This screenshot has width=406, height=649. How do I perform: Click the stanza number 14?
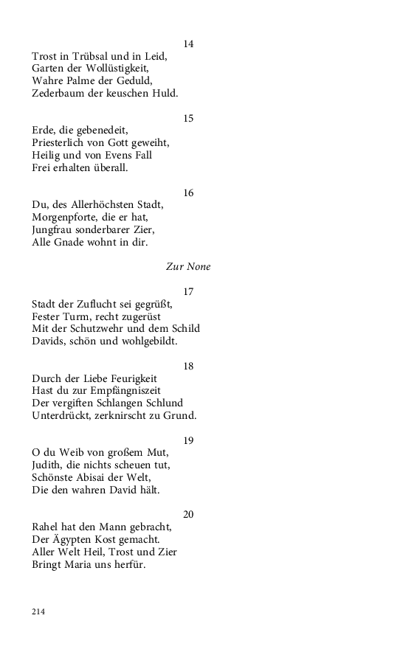(x=188, y=44)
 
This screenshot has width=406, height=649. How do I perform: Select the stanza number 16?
(x=188, y=193)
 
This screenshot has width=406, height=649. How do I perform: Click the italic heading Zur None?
(x=188, y=267)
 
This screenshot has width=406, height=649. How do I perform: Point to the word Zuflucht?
(x=100, y=304)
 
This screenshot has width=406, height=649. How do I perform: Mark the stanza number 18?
(x=188, y=367)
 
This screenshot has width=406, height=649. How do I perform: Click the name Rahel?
(x=47, y=527)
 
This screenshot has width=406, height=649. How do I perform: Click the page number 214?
(x=38, y=611)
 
